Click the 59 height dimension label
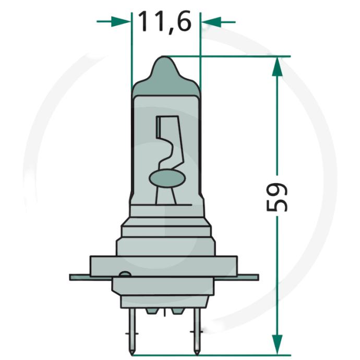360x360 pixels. tap(277, 197)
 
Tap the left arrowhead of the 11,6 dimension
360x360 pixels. tap(121, 21)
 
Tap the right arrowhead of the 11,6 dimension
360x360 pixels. tap(211, 22)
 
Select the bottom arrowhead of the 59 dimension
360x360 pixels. tap(277, 344)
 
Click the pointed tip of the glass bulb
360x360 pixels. tap(163, 56)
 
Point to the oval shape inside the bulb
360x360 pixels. tap(166, 178)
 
